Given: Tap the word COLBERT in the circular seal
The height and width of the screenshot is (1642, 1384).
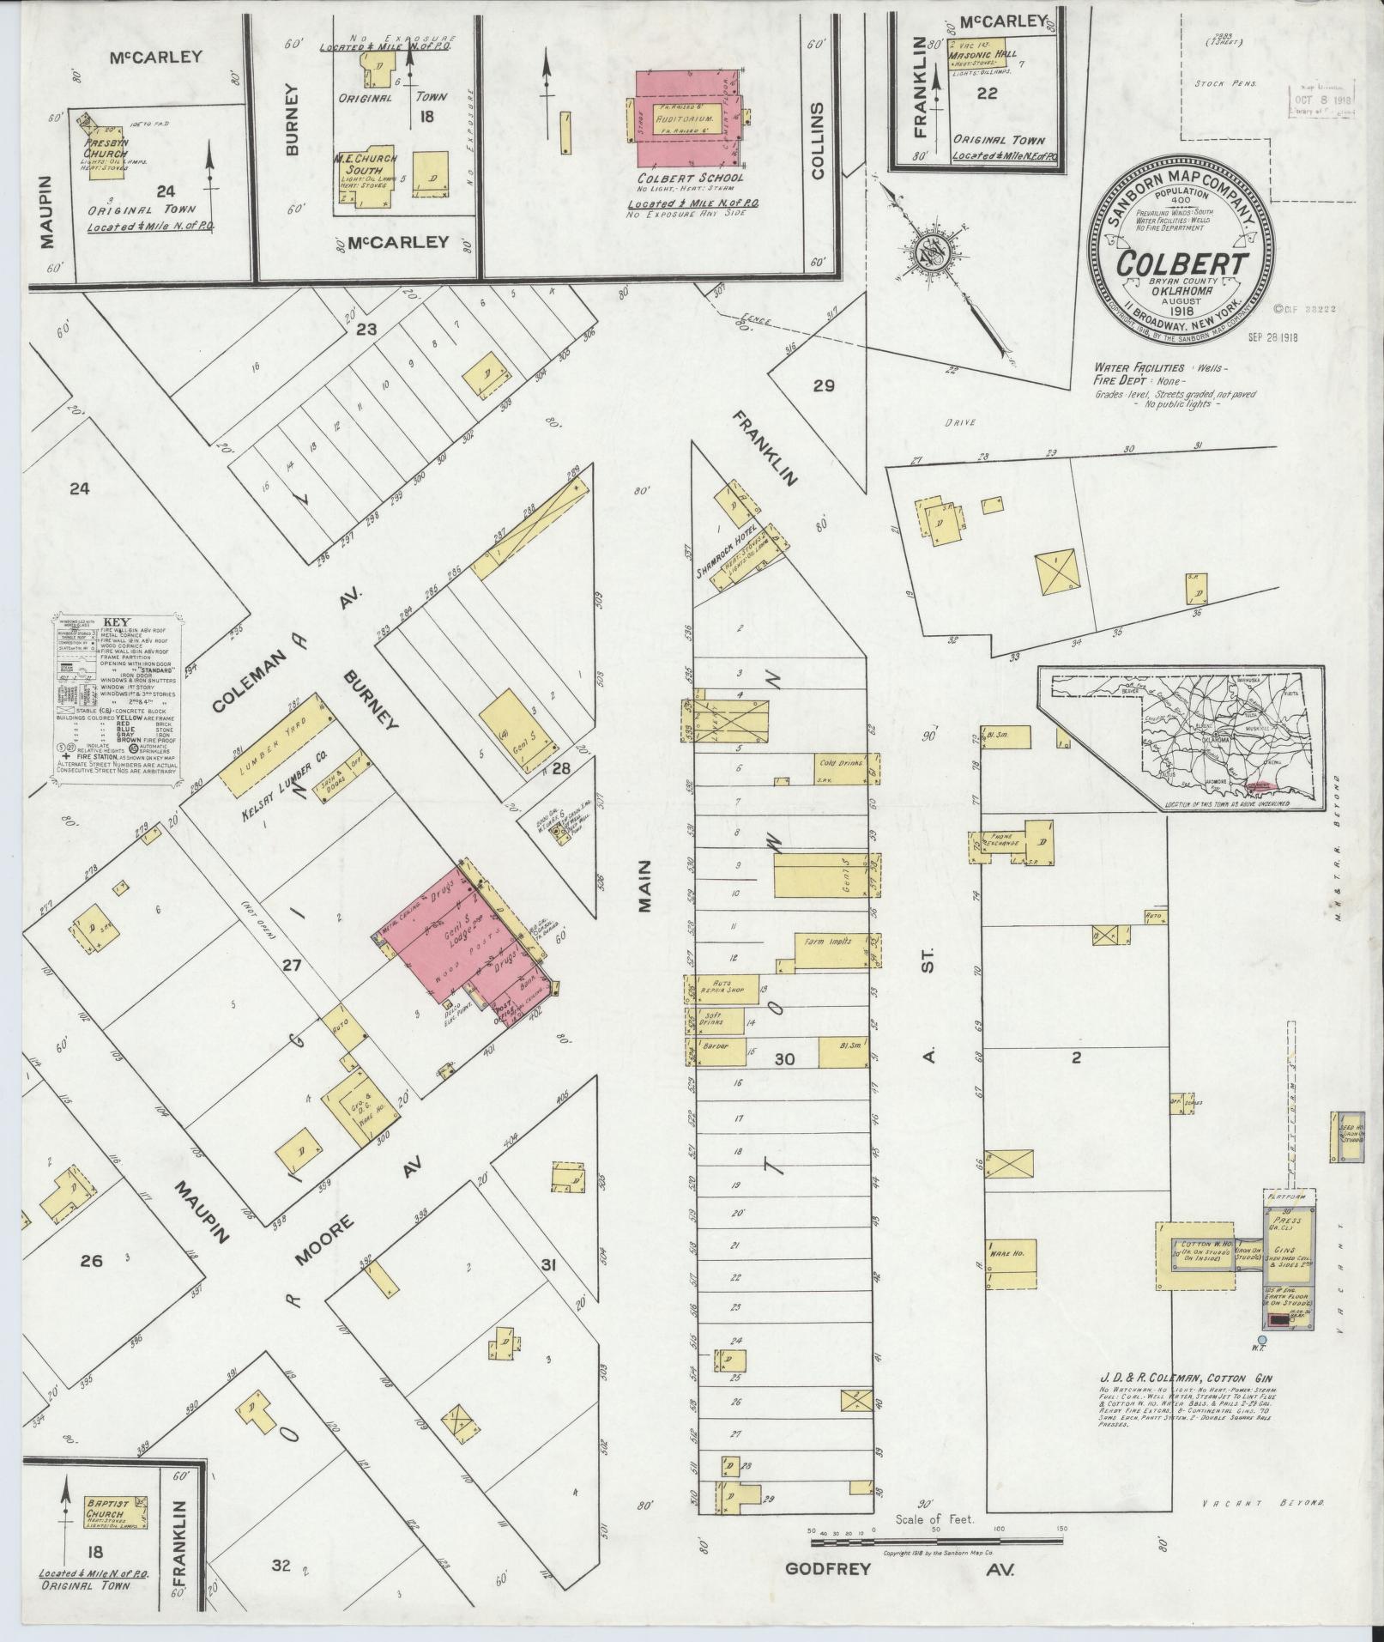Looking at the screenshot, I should point(1182,264).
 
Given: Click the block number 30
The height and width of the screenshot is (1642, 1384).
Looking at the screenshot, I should point(783,1059).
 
